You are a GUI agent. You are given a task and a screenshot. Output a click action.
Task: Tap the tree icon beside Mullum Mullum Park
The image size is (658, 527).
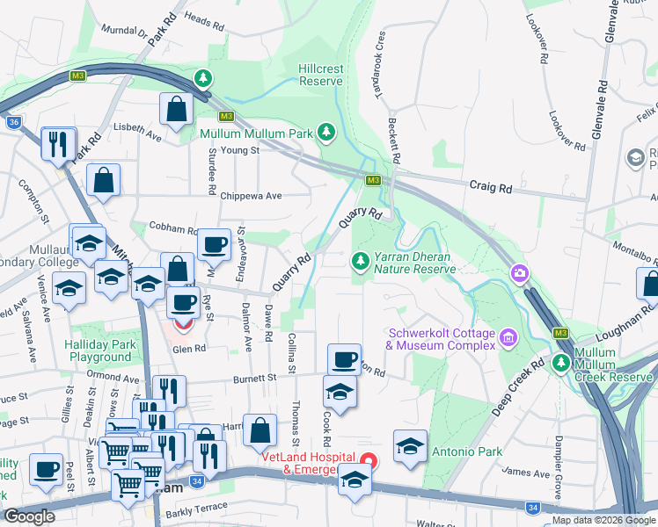click(x=327, y=133)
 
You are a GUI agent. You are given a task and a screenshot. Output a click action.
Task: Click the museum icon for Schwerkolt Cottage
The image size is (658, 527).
click(x=508, y=337)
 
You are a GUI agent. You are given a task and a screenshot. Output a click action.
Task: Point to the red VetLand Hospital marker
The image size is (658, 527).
click(x=369, y=459)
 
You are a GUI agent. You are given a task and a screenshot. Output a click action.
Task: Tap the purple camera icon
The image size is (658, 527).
click(x=521, y=274)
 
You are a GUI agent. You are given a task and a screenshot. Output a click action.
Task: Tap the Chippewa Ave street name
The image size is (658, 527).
click(x=251, y=196)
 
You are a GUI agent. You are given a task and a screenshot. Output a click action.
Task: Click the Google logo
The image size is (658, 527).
click(x=29, y=516)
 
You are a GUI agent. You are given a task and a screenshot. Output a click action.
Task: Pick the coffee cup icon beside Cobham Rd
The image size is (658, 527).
click(x=213, y=244)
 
